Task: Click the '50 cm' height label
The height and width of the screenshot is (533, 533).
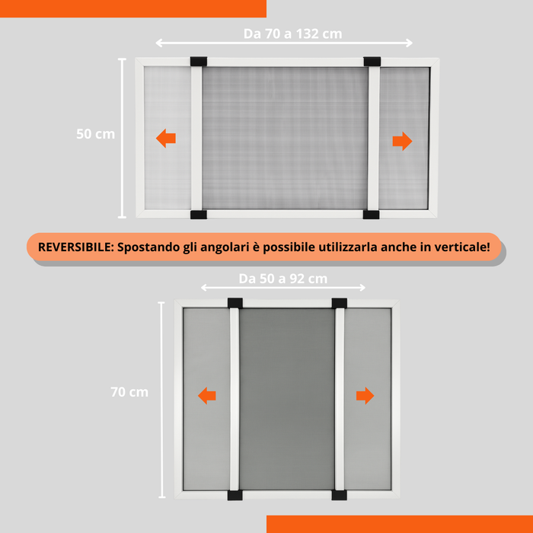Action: tap(96, 134)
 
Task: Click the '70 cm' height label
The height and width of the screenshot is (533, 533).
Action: tap(129, 392)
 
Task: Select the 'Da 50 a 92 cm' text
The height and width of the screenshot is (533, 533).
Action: tap(282, 279)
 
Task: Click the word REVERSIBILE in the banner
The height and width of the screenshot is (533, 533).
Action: tap(74, 248)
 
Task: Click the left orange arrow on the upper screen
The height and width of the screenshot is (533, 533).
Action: tap(166, 138)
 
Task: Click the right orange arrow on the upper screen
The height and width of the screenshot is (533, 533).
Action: tap(402, 141)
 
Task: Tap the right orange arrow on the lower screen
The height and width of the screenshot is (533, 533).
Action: tap(365, 395)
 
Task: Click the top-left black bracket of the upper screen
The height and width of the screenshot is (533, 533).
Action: tap(198, 61)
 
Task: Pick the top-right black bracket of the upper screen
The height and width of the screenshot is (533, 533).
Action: tap(372, 61)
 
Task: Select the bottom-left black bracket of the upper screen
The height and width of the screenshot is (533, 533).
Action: tap(198, 215)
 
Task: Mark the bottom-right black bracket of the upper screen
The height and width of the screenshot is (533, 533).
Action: tap(372, 215)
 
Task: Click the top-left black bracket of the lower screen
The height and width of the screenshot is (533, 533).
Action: tap(234, 303)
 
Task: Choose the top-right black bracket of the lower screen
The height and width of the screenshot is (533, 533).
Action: tap(340, 303)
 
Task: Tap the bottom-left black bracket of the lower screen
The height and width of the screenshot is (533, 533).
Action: tap(234, 496)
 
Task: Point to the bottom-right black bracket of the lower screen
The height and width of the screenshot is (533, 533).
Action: tap(340, 496)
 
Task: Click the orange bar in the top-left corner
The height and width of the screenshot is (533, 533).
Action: tap(133, 8)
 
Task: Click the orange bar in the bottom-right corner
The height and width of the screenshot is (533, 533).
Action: tap(400, 524)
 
